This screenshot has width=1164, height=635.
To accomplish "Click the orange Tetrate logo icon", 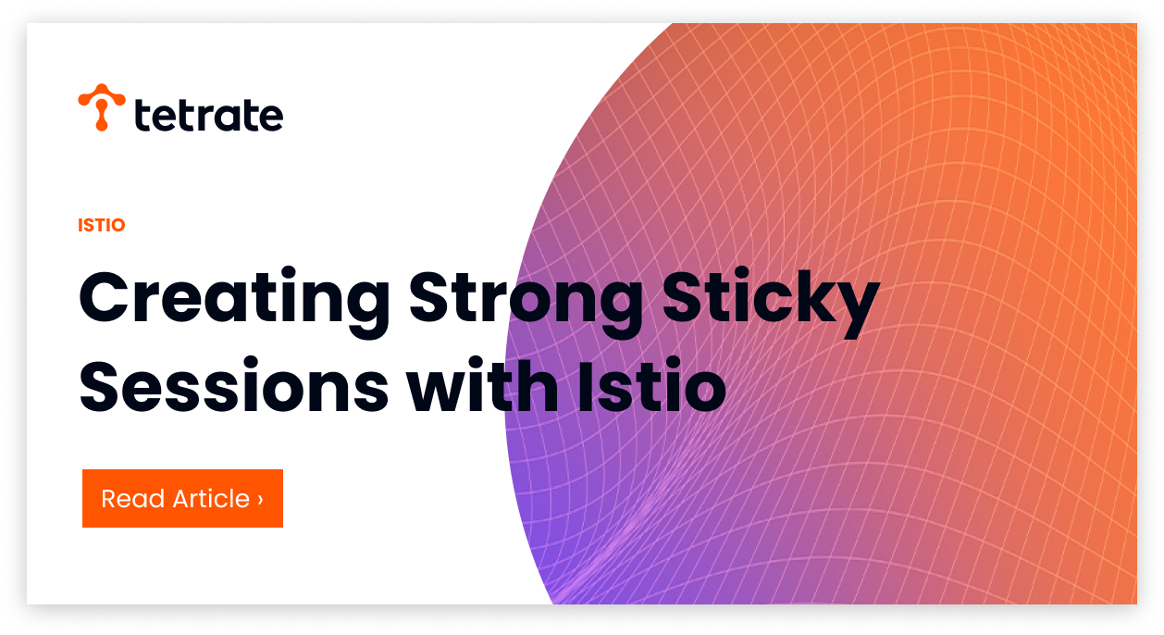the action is pyautogui.click(x=102, y=106).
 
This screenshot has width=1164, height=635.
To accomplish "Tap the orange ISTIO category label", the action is pyautogui.click(x=102, y=225).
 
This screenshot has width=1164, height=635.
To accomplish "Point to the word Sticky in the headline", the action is pyautogui.click(x=771, y=302).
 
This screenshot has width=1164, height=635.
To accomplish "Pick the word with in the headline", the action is pyautogui.click(x=482, y=385).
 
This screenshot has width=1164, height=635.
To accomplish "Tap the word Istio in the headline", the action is pyautogui.click(x=652, y=385).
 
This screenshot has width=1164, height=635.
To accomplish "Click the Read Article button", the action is pyautogui.click(x=182, y=498).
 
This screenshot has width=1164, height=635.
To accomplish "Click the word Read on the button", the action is pyautogui.click(x=133, y=498).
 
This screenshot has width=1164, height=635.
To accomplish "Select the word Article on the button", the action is pyautogui.click(x=212, y=498).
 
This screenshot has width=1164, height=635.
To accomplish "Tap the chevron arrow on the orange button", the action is pyautogui.click(x=260, y=499).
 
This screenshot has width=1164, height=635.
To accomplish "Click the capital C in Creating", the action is pyautogui.click(x=104, y=298).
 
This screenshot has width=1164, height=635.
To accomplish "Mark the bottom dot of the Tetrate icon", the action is pyautogui.click(x=102, y=125).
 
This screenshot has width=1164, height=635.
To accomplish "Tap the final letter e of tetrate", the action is pyautogui.click(x=269, y=117).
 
